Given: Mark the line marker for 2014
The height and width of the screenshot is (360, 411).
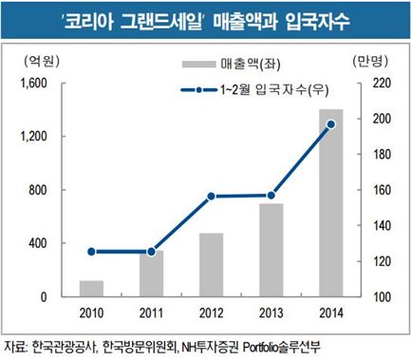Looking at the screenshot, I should (331, 124).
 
